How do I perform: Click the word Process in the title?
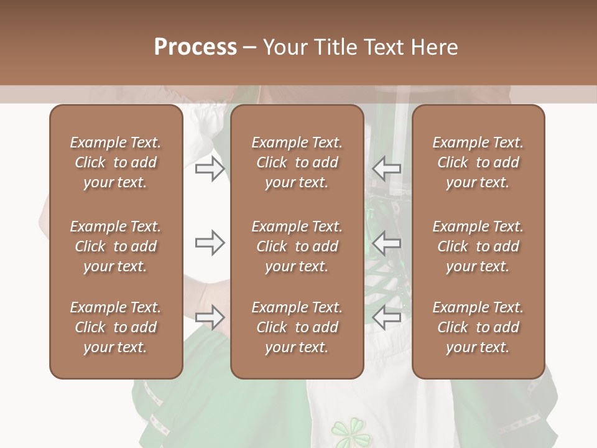195,47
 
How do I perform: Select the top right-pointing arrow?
210,168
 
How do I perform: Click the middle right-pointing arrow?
210,243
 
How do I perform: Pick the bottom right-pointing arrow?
210,317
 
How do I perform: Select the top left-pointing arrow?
387,168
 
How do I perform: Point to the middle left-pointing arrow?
387,243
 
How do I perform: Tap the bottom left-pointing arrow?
387,317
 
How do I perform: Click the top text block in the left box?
116,162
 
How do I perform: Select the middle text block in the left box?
116,246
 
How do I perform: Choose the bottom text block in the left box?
116,327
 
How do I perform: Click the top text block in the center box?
297,162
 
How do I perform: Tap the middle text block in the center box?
297,246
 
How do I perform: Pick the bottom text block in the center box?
297,327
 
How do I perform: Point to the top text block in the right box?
478,162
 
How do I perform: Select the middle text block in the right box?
478,246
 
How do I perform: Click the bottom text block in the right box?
478,327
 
